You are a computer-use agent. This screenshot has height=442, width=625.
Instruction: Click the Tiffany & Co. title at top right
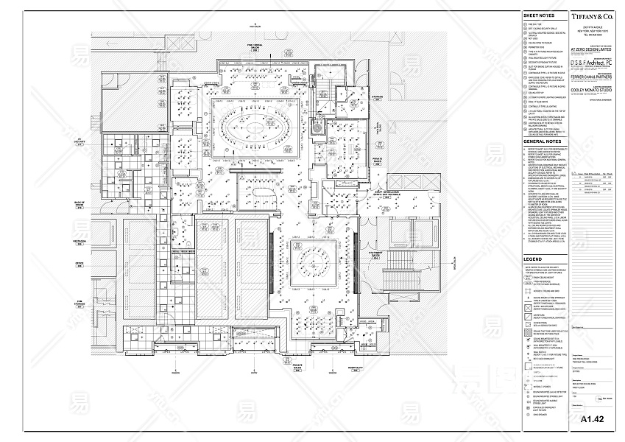[592, 15]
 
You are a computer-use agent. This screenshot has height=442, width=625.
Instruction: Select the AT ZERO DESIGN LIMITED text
[590, 51]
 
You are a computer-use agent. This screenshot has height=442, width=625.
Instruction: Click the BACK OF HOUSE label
[79, 206]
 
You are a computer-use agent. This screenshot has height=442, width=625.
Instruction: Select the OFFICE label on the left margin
[80, 262]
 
